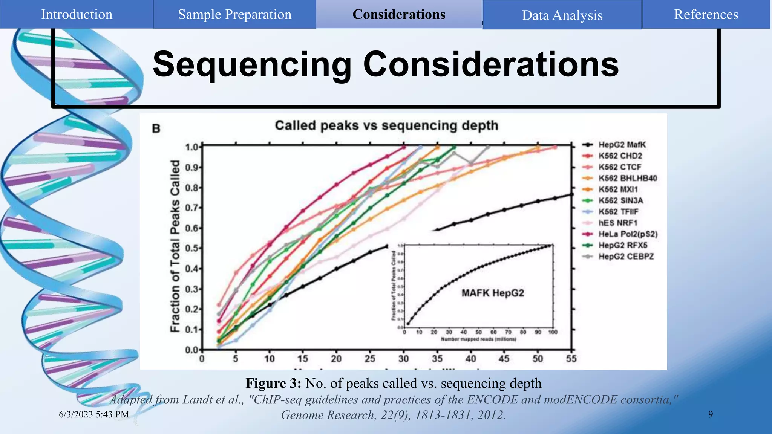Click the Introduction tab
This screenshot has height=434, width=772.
tap(77, 14)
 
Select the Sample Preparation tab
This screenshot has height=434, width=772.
tap(234, 14)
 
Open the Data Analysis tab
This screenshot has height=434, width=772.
tap(562, 15)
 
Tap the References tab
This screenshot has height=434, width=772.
tap(706, 14)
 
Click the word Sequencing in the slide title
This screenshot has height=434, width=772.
tap(252, 64)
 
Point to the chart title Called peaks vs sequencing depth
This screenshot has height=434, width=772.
tap(386, 125)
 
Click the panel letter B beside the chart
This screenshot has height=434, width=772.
tap(156, 129)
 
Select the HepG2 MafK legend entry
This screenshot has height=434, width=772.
tap(622, 145)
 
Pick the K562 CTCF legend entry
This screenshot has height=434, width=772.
tap(620, 167)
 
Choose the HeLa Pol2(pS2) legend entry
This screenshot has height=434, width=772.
tap(628, 234)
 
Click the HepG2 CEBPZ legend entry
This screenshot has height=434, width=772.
tap(626, 257)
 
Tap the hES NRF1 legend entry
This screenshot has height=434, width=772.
tap(618, 223)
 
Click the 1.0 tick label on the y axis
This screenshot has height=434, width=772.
tap(191, 147)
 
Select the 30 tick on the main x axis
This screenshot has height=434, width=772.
tap(403, 359)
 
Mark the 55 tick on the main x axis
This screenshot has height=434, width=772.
tap(571, 359)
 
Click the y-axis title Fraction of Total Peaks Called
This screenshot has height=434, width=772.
tap(175, 246)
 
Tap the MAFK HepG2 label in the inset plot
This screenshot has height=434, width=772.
tap(493, 293)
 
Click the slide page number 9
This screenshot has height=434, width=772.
tap(711, 414)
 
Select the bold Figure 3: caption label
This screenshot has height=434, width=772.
tap(273, 383)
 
